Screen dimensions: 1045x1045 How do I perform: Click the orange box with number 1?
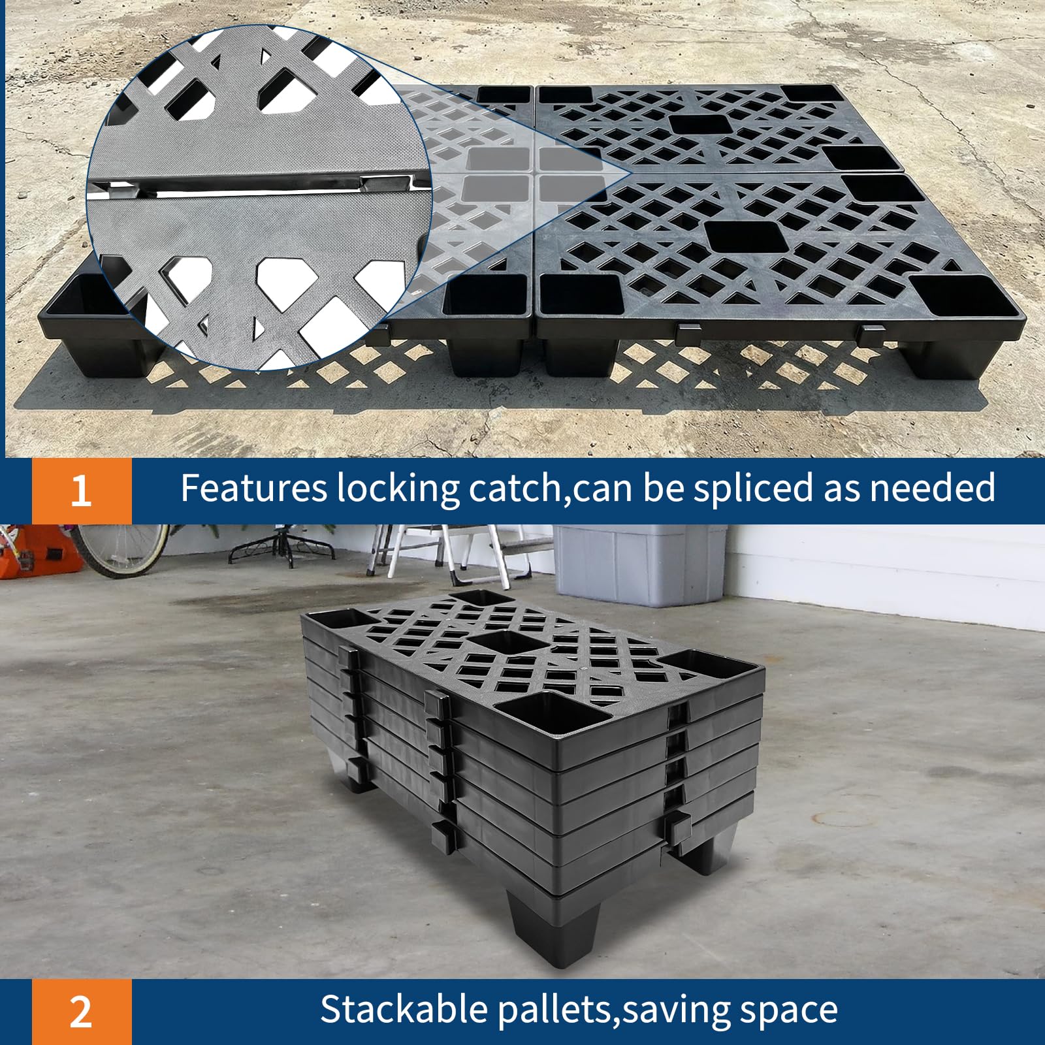pos(82,490)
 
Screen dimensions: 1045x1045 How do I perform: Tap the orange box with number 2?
pos(82,1012)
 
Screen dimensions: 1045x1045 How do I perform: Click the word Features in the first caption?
pos(253,488)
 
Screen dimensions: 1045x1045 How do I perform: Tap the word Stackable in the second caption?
pos(404,1009)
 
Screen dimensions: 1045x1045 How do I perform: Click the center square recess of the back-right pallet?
pos(701,124)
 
